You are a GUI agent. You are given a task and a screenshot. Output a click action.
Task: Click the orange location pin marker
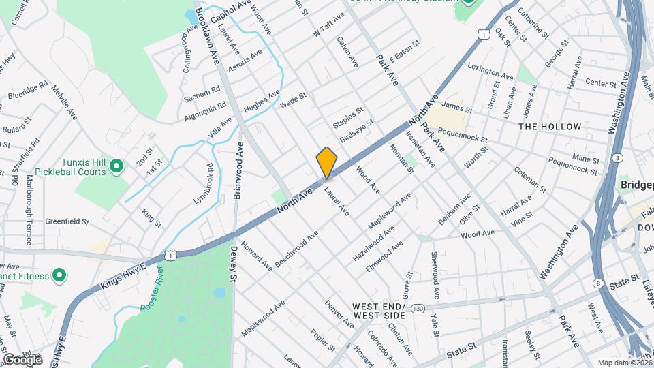click(327, 162)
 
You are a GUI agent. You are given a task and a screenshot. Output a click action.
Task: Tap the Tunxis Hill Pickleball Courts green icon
click(116, 166)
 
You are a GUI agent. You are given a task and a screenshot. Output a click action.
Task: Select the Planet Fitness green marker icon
click(59, 276)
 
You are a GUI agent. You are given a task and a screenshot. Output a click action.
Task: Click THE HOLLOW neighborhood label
click(550, 127)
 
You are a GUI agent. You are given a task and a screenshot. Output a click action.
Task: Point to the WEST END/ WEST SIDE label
click(379, 311)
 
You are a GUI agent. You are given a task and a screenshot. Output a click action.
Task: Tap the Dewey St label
click(232, 264)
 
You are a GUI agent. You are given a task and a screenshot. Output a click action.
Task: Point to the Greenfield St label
click(67, 221)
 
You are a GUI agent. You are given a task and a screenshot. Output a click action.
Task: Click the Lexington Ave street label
click(490, 70)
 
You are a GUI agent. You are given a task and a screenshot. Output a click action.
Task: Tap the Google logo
click(22, 359)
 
